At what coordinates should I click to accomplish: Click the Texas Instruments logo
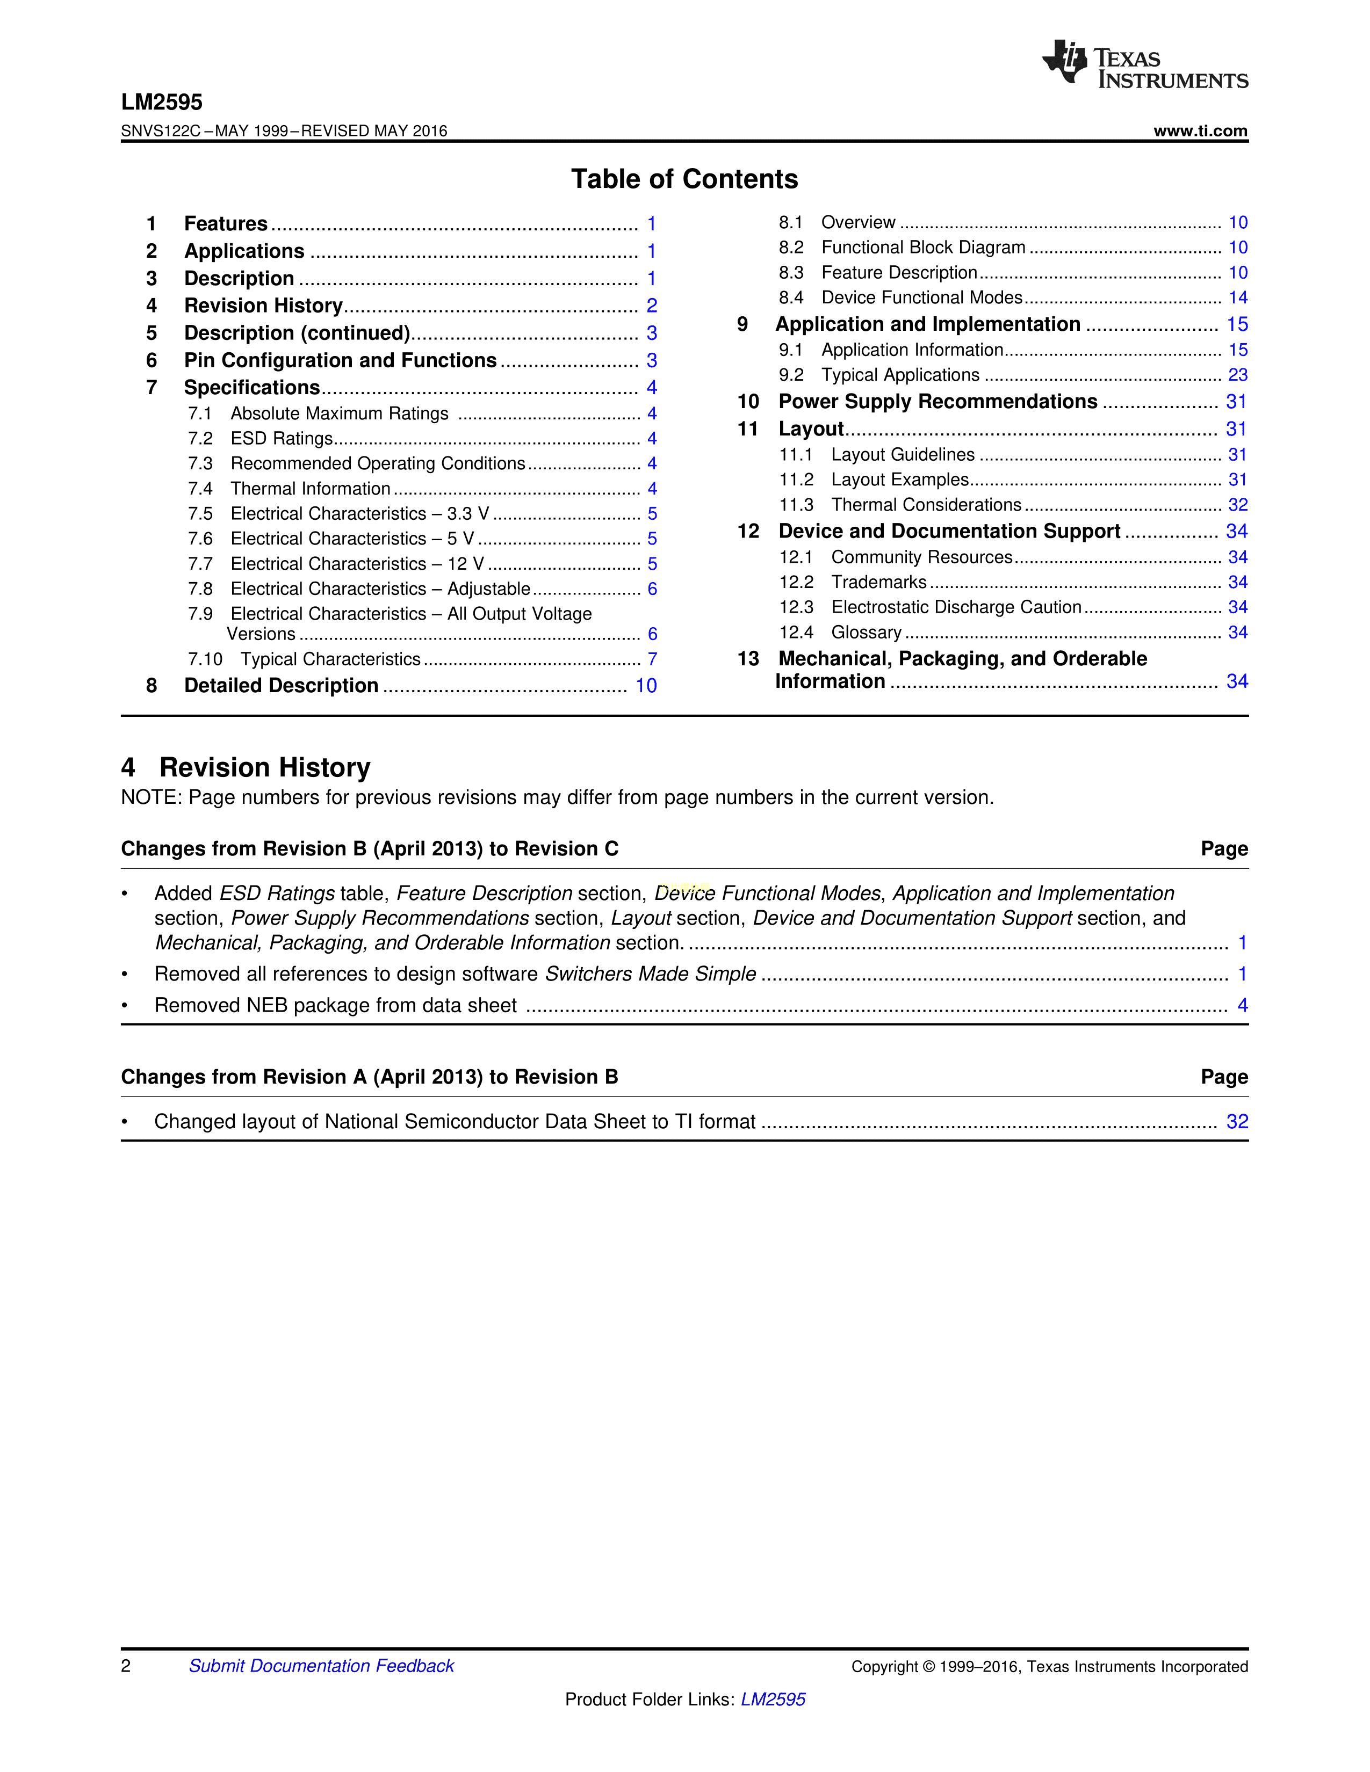(x=1144, y=63)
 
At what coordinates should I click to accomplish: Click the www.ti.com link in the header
(x=1200, y=130)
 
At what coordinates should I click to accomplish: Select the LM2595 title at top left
(x=162, y=102)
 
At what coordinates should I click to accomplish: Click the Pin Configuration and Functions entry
(x=340, y=360)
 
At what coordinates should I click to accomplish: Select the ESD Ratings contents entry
(x=282, y=439)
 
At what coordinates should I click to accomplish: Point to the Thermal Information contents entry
(x=310, y=489)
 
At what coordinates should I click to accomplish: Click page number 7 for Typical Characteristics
(x=652, y=659)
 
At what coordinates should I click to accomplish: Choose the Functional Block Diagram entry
(x=923, y=248)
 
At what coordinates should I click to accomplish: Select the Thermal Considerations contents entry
(x=926, y=505)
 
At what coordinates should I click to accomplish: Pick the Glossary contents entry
(x=866, y=632)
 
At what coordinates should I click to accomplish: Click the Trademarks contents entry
(x=879, y=582)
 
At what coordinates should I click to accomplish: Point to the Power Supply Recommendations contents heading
(x=938, y=402)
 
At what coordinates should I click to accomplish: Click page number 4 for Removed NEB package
(x=1242, y=1005)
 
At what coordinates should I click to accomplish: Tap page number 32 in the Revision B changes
(x=1237, y=1121)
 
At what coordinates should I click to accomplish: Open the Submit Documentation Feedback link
(x=321, y=1666)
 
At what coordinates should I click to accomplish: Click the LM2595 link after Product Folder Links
(x=773, y=1699)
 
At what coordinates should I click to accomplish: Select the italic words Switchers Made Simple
(x=650, y=974)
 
